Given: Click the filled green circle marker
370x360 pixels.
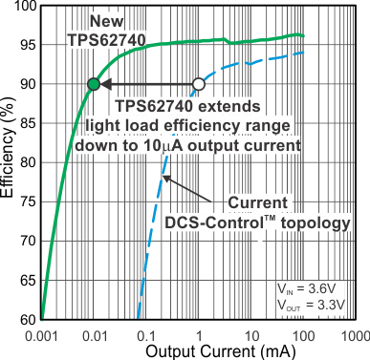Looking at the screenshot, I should tap(93, 85).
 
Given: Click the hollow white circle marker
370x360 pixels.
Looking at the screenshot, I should tap(199, 85).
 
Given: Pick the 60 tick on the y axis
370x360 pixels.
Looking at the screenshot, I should tap(28, 319).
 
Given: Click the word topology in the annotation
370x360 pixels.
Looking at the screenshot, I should tap(312, 222).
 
